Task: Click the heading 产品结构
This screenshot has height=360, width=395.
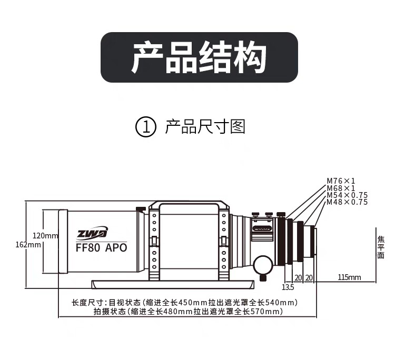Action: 199,57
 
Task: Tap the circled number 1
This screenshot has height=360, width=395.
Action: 146,127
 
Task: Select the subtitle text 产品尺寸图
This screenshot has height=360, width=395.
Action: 205,127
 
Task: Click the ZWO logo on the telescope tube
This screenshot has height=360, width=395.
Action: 92,233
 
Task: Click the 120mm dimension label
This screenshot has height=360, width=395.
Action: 45,235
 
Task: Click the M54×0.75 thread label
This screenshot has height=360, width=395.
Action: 347,195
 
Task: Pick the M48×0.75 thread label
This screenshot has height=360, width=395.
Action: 347,202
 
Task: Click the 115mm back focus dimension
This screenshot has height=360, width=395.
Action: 349,277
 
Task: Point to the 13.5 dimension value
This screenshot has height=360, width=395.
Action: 288,287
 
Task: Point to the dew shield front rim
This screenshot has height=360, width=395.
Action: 63,242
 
